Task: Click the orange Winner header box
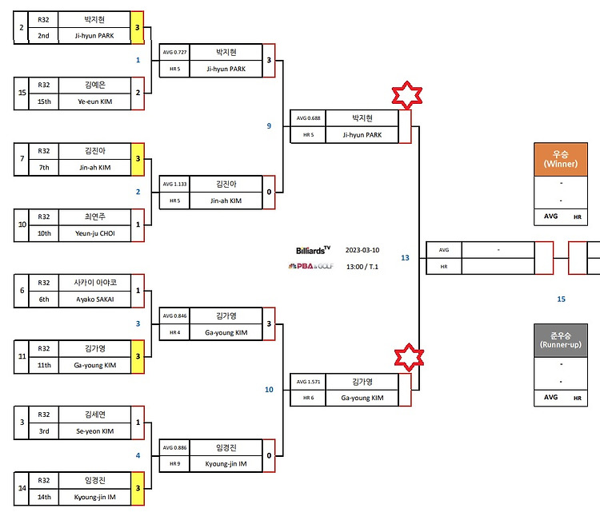(x=561, y=159)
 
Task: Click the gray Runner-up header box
(x=561, y=340)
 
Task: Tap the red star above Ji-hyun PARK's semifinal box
(x=406, y=95)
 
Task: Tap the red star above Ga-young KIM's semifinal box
(x=409, y=357)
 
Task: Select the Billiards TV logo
(x=313, y=250)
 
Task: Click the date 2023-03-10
(x=362, y=250)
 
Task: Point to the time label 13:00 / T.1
(x=362, y=267)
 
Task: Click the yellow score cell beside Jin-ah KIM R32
(x=138, y=159)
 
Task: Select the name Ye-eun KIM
(x=95, y=101)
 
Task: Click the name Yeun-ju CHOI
(x=95, y=233)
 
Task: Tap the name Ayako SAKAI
(x=95, y=300)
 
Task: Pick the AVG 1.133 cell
(x=174, y=185)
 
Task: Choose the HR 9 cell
(x=174, y=464)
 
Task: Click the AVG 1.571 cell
(x=308, y=382)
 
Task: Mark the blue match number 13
(x=405, y=258)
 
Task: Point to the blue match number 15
(x=561, y=300)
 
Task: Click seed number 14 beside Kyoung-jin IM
(x=22, y=488)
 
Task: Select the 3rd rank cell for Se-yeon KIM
(x=44, y=431)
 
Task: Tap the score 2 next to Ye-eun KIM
(x=138, y=93)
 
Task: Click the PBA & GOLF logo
(x=310, y=266)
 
